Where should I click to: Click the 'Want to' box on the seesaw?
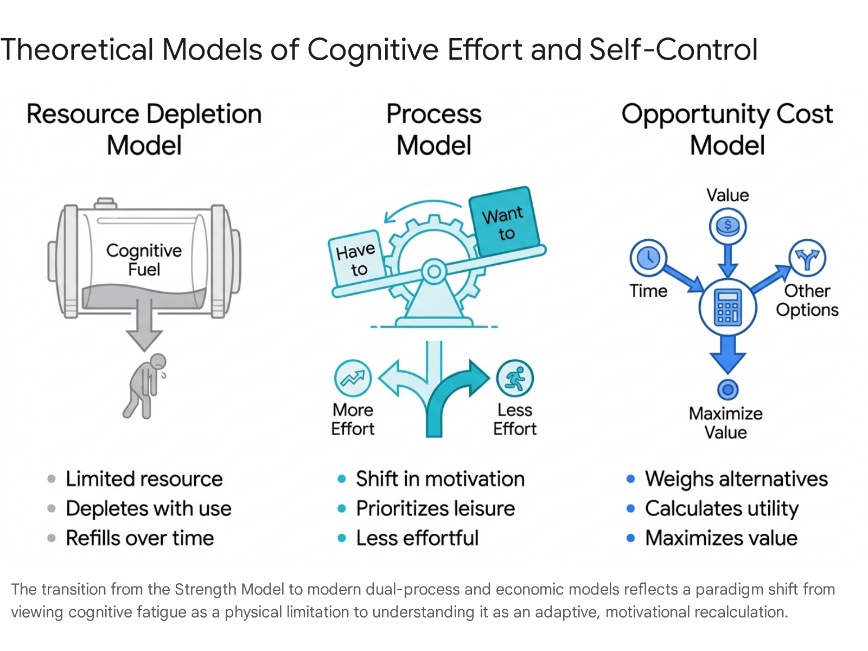pos(504,222)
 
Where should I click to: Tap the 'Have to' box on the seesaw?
pos(356,259)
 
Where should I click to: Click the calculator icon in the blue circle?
pos(727,307)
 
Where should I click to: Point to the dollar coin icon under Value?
pos(727,226)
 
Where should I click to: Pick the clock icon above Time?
pos(648,258)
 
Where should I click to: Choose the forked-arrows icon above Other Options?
pos(807,258)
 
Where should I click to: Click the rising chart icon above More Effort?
pos(353,378)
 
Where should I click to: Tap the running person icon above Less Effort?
pos(515,378)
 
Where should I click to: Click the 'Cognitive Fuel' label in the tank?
pos(144,260)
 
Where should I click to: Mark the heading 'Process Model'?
pos(434,129)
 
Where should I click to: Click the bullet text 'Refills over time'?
pos(140,538)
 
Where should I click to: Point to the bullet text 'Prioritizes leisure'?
pos(436,508)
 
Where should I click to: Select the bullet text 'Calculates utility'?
pos(722,508)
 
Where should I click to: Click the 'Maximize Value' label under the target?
pos(726,423)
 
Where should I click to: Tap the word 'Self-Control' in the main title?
pos(673,50)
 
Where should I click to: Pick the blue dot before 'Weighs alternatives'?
pos(631,479)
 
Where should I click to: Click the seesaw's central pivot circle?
pos(434,272)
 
